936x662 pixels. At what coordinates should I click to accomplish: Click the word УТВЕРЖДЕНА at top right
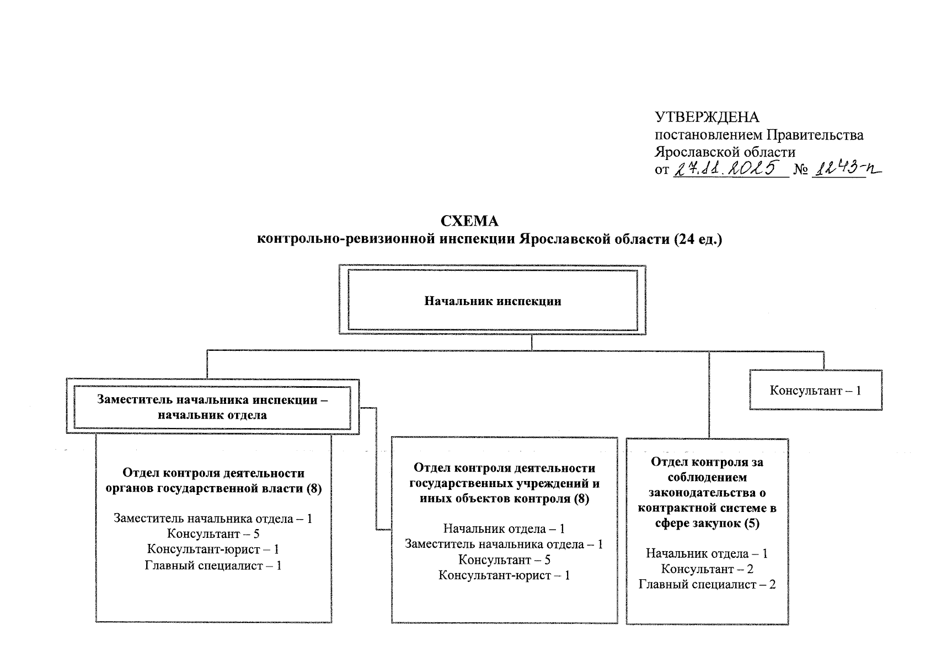point(707,118)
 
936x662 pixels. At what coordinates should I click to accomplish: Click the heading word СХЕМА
point(469,221)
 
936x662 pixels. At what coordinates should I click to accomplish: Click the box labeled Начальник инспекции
point(492,301)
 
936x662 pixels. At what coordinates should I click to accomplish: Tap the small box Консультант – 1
point(815,391)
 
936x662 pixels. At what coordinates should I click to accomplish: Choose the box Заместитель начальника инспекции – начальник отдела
point(212,407)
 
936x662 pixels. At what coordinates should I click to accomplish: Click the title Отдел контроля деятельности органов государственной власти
point(213,481)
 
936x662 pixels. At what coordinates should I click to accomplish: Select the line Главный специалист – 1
point(213,565)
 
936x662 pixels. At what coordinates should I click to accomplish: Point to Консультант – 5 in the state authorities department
point(213,533)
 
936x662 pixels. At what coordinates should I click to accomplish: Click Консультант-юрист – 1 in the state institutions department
point(504,575)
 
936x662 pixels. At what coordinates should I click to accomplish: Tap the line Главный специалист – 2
point(707,584)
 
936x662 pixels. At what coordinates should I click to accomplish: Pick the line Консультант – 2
point(707,569)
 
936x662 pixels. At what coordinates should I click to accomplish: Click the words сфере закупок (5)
point(707,524)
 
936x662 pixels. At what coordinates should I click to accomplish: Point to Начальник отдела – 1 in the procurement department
point(707,553)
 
